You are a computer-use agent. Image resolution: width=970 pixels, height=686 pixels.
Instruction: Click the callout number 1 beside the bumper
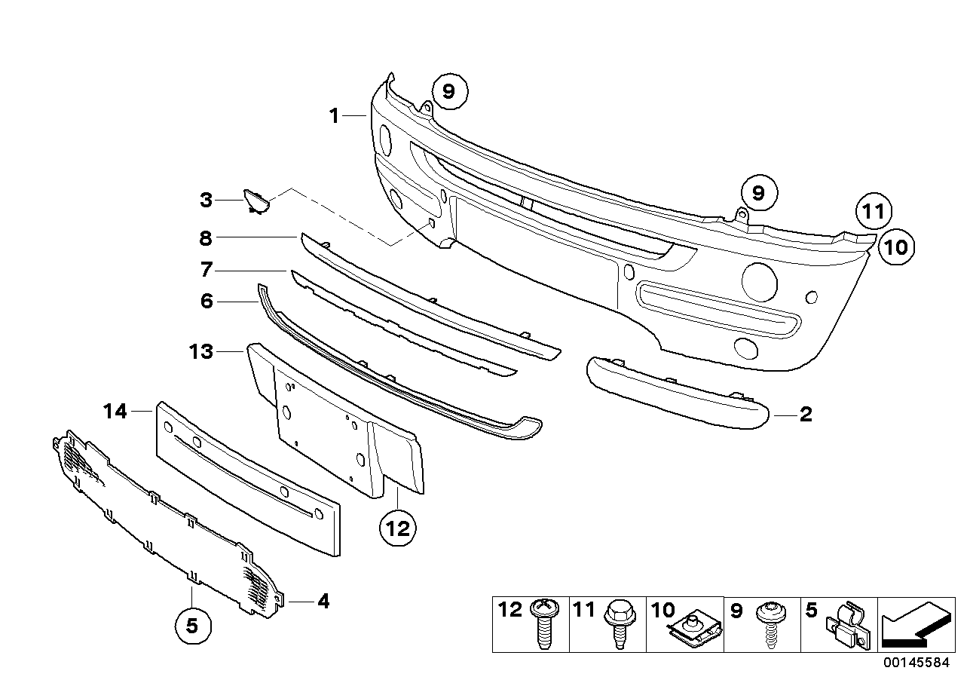tap(334, 116)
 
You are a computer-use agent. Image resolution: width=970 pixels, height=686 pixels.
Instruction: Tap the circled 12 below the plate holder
tap(397, 528)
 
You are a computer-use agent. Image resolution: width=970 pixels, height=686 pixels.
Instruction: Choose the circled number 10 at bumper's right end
tap(895, 246)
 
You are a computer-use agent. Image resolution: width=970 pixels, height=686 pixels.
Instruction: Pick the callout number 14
tap(115, 411)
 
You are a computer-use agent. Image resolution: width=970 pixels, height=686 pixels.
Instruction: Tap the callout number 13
tap(201, 351)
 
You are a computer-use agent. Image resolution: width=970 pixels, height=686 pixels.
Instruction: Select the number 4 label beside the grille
tap(323, 601)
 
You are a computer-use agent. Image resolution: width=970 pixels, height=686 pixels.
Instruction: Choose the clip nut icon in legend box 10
tap(698, 629)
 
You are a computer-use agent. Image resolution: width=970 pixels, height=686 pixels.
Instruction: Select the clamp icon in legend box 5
tap(846, 627)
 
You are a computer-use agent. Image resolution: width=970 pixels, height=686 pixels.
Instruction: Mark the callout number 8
tap(206, 238)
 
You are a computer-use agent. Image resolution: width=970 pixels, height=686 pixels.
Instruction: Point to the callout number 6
tap(207, 302)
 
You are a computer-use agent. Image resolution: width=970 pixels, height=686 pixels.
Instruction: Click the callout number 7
tap(207, 270)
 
